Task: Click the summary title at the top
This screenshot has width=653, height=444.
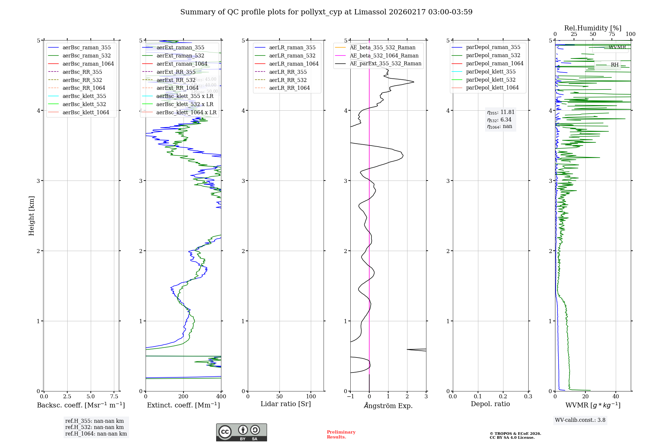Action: pos(326,12)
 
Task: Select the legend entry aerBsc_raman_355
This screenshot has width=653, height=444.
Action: pos(87,48)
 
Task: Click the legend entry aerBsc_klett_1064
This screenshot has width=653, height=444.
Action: pos(86,113)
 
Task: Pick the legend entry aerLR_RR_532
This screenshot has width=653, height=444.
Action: pos(288,80)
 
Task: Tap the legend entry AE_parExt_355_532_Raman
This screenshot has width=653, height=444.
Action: pos(385,64)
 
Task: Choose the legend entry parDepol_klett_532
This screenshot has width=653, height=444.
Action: pos(490,80)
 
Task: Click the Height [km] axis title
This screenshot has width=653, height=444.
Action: pos(31,216)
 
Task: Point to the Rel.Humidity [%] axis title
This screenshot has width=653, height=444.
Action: pos(593,28)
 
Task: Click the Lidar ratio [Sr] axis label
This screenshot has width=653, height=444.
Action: pos(286,404)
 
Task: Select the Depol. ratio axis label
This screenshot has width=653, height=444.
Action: pos(490,404)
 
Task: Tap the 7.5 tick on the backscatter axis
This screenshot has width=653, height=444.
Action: pos(114,397)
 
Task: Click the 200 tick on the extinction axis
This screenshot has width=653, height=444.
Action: pos(183,397)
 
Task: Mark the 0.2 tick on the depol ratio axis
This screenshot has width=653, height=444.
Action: pos(503,397)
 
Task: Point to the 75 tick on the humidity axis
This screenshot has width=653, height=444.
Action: pos(612,34)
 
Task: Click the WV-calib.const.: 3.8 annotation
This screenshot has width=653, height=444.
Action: pos(580,420)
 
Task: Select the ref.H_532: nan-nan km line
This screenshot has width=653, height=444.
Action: pos(94,427)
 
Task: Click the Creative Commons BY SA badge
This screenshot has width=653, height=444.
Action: pos(241,433)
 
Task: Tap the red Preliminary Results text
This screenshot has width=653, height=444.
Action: pos(341,435)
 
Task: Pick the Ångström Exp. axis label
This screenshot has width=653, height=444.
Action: pos(388,406)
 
